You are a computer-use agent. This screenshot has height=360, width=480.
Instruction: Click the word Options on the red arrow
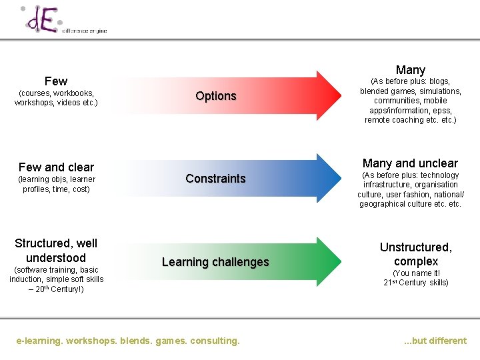coord(216,96)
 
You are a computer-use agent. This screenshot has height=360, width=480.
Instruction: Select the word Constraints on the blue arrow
coord(215,179)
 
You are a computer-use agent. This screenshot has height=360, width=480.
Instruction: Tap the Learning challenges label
coord(215,262)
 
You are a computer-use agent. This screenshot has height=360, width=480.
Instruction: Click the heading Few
coord(56,81)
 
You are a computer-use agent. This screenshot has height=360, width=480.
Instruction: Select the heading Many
coord(410,70)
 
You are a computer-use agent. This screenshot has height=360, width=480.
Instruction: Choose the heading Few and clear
coord(56,167)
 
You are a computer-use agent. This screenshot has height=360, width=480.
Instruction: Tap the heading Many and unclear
coord(410,163)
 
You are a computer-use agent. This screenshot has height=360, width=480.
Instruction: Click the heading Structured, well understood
coord(56,251)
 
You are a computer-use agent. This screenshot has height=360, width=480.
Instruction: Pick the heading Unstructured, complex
coord(415,255)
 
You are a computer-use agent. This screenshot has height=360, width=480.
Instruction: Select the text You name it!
coord(415,273)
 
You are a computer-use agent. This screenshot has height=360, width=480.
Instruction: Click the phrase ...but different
coord(435,341)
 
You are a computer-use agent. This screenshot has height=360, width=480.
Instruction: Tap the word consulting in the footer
coord(215,341)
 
